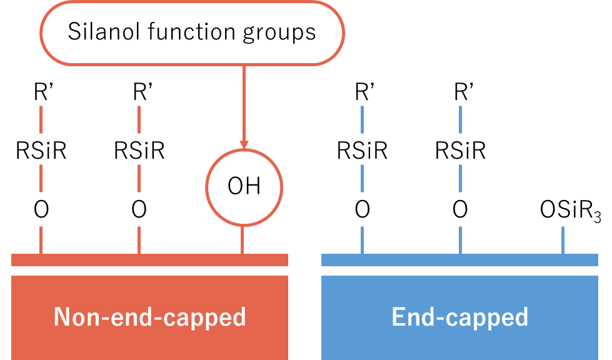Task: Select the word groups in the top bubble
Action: point(279,32)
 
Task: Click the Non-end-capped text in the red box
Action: point(150,317)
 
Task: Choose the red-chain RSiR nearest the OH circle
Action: point(139,151)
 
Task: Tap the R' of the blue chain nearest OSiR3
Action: point(461,92)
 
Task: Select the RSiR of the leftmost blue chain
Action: point(363,151)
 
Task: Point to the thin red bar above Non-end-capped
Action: point(150,260)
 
